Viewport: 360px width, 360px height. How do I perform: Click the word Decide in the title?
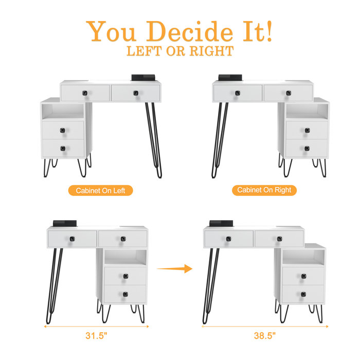point(190,31)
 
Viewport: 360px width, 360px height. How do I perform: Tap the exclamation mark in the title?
point(269,31)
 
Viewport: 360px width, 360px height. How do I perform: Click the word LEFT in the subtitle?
point(144,51)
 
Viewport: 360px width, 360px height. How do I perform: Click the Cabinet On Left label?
point(101,191)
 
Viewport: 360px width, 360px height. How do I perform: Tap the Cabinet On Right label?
point(264,190)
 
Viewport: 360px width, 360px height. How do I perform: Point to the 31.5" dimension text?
point(97,336)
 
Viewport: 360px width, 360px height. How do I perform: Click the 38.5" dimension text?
point(265,336)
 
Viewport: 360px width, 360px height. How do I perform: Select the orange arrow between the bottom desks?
point(174,268)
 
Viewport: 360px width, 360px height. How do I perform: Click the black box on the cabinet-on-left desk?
point(143,78)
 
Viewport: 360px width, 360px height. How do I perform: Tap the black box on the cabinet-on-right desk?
point(230,78)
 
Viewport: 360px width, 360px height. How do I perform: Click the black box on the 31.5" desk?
point(65,223)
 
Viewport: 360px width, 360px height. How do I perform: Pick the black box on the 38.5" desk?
point(221,223)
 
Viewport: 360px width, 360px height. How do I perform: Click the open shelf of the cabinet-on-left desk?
point(63,111)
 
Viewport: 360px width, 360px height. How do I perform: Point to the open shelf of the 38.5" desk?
point(303,257)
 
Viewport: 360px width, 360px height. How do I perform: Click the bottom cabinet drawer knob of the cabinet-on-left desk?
point(63,149)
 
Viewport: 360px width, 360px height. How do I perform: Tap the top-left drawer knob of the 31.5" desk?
point(72,239)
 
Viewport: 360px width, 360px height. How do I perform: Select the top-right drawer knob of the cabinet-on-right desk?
point(289,93)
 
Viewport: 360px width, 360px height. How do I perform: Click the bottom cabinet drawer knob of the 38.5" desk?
point(303,294)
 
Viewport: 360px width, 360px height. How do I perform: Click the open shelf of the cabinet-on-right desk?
point(307,111)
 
